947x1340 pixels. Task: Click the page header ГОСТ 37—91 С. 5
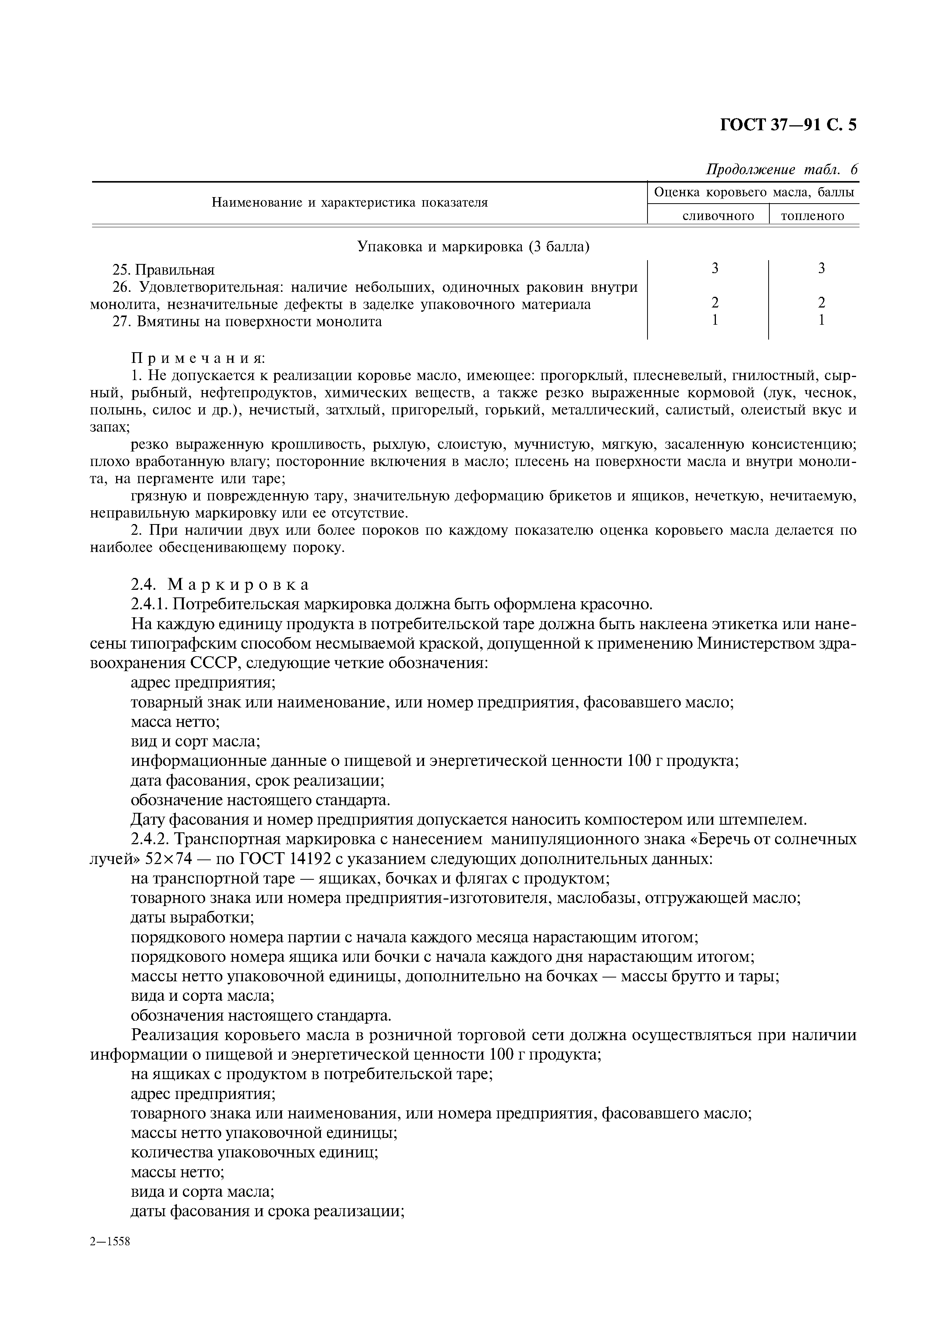pos(788,125)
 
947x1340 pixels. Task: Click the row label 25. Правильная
pos(163,270)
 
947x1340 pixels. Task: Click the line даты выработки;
pos(193,918)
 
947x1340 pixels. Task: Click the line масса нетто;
pos(175,722)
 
